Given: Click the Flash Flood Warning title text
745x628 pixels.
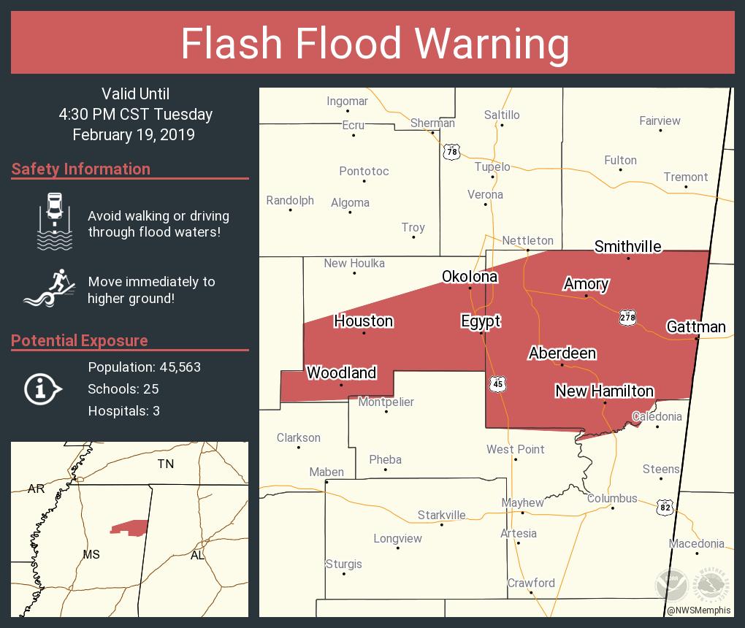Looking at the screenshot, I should pyautogui.click(x=375, y=43).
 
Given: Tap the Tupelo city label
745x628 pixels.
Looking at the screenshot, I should pyautogui.click(x=492, y=166).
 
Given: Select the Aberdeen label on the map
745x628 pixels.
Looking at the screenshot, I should pyautogui.click(x=562, y=353).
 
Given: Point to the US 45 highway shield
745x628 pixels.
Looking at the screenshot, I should pyautogui.click(x=497, y=384).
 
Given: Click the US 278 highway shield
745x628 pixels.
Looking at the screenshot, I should pyautogui.click(x=627, y=317).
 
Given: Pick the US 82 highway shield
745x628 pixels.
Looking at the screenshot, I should pyautogui.click(x=665, y=508).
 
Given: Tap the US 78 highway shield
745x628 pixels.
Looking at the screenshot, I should pyautogui.click(x=452, y=151).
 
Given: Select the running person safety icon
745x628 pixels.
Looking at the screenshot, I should pyautogui.click(x=51, y=288).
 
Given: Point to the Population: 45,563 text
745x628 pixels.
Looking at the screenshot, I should pyautogui.click(x=144, y=367).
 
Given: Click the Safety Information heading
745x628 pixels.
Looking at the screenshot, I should pyautogui.click(x=81, y=169).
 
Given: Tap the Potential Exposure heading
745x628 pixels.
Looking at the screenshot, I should pyautogui.click(x=80, y=340).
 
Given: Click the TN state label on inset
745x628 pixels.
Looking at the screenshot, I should pyautogui.click(x=166, y=464).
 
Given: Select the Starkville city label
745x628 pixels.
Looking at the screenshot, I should pyautogui.click(x=441, y=516).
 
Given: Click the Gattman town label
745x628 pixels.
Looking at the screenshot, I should pyautogui.click(x=696, y=326).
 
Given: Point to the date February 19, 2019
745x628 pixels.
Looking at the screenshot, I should pyautogui.click(x=134, y=134).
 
